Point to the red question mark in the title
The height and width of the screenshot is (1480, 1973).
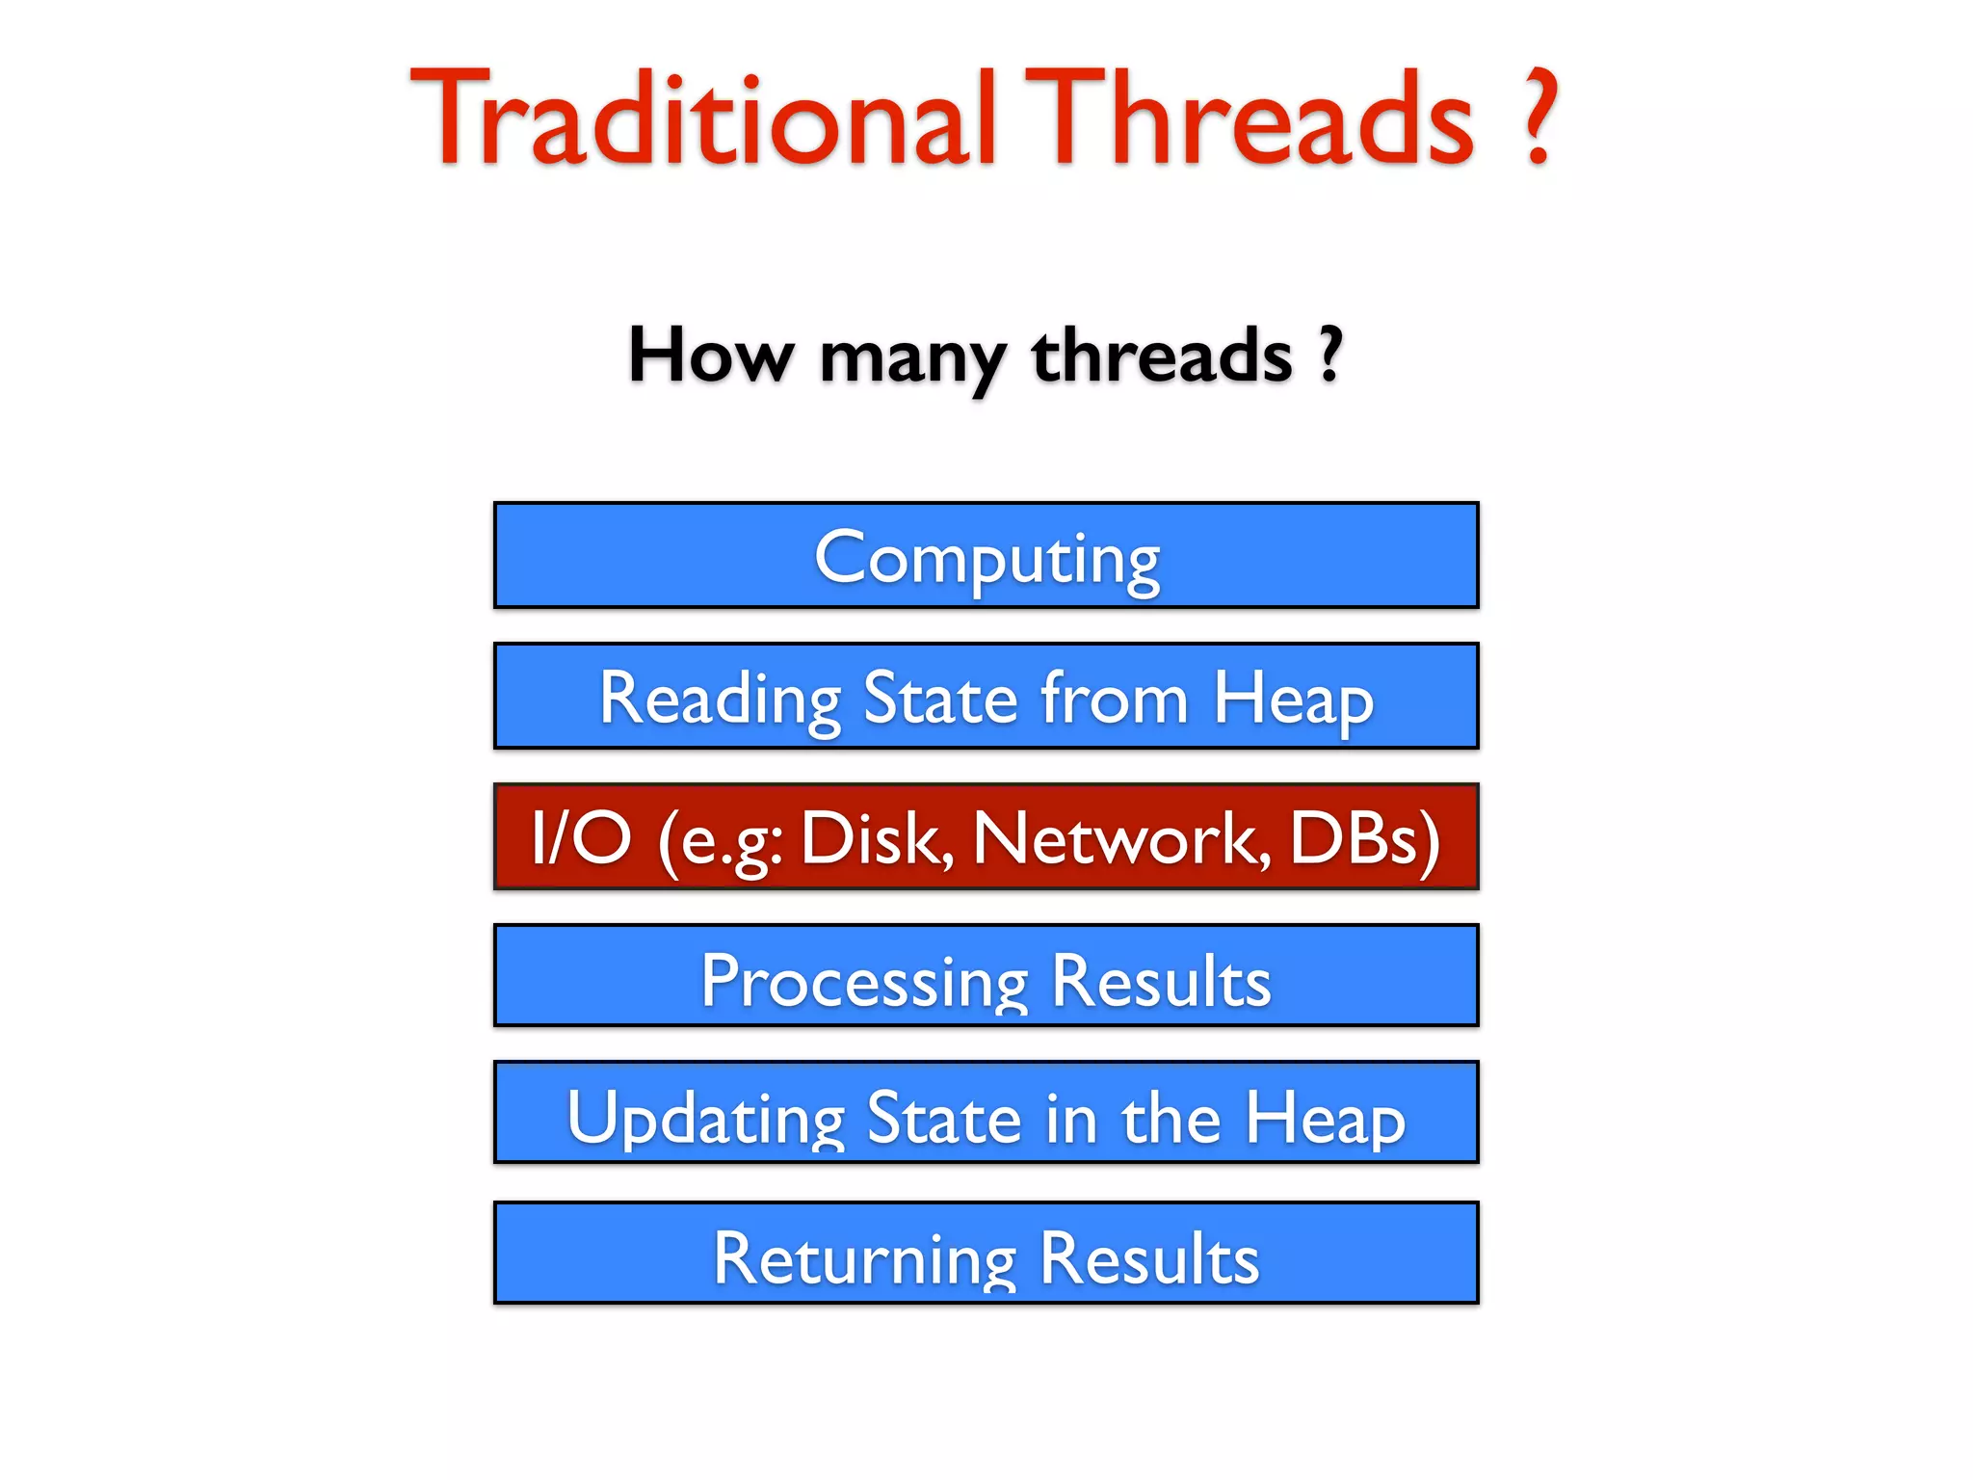[1540, 118]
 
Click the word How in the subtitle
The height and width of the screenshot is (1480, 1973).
[710, 356]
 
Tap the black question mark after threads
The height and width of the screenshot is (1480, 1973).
[1330, 355]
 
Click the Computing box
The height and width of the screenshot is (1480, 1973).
[986, 556]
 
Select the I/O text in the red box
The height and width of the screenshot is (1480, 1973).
[581, 837]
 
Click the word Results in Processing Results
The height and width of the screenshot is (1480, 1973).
[1161, 980]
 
